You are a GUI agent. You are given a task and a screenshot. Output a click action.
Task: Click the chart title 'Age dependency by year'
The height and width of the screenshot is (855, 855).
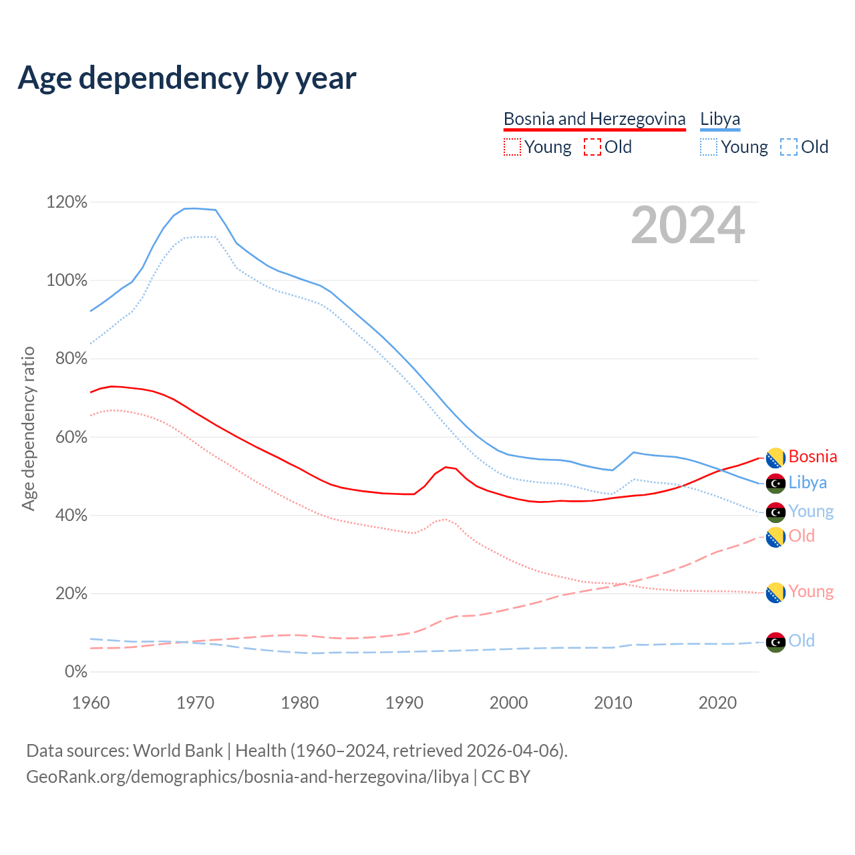coord(187,78)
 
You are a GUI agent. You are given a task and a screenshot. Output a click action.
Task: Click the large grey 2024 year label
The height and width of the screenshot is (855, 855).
coord(687,226)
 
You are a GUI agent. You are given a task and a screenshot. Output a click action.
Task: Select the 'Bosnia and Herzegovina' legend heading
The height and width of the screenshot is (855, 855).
coord(594,119)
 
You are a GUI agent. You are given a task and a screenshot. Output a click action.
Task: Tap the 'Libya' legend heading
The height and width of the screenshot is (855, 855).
coord(720,119)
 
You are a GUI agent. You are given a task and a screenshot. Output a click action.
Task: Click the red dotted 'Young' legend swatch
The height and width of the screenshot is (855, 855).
coord(512,147)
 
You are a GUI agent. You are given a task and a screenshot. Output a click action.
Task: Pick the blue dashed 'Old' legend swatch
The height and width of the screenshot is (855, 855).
coord(788,147)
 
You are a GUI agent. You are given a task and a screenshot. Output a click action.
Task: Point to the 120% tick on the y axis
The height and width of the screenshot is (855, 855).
coord(67,202)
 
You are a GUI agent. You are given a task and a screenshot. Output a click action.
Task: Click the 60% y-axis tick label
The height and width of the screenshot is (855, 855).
coord(67,437)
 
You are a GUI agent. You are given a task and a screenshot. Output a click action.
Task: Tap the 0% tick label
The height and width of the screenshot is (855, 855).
coord(75,671)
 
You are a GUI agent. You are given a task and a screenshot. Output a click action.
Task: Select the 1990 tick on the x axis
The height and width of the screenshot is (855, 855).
coord(404,703)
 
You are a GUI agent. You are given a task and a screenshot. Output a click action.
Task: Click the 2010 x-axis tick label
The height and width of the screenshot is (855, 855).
coord(613,703)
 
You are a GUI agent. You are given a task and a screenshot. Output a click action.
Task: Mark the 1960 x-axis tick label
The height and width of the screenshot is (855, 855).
coord(91,703)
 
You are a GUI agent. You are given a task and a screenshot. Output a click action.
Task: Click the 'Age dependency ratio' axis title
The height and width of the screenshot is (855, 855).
coord(28,428)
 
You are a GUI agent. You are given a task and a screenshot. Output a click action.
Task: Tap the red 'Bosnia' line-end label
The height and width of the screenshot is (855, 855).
coord(812,456)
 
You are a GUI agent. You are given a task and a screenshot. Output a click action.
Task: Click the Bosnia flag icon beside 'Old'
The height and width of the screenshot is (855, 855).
coord(775,536)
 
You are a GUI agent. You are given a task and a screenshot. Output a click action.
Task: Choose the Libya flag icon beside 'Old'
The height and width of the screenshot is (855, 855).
coord(775,641)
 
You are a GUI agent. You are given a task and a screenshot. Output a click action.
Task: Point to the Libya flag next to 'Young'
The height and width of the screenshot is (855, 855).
coord(775,512)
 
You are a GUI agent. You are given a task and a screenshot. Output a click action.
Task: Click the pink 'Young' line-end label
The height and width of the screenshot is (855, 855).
coord(811,591)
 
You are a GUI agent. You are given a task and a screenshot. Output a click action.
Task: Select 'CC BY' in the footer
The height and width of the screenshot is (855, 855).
coord(506,777)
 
